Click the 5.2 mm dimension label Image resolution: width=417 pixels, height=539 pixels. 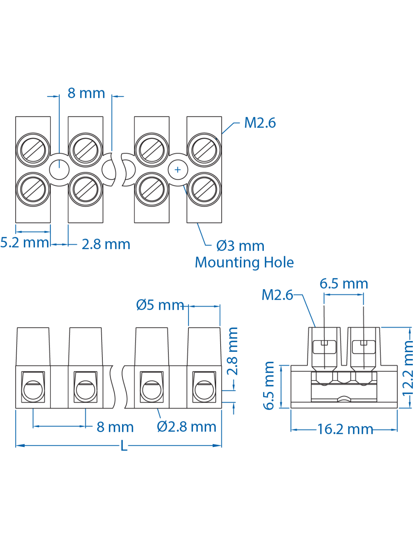(24, 243)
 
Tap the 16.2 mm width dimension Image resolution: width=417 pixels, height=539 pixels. (345, 429)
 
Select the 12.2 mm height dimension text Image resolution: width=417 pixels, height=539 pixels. (408, 368)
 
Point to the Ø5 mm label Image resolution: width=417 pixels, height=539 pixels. (160, 305)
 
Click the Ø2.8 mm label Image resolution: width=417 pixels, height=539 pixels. (187, 427)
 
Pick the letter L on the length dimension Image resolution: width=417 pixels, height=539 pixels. (124, 446)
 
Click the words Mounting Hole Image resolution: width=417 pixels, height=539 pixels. (244, 262)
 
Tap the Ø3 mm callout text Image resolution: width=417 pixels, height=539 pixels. (240, 246)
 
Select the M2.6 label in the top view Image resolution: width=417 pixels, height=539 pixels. (260, 123)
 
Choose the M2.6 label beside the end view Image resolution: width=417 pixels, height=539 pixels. (277, 295)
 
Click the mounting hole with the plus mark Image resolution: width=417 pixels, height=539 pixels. (178, 169)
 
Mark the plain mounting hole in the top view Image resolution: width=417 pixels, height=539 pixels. (59, 169)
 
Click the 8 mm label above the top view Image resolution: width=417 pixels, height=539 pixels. (86, 93)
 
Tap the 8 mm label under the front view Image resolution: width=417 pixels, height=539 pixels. (115, 427)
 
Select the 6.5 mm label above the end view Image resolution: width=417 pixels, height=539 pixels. (343, 284)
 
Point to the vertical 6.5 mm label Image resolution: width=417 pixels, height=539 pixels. (268, 385)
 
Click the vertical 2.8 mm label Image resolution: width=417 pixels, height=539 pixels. (232, 351)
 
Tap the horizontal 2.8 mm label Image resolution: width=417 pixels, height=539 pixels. (106, 244)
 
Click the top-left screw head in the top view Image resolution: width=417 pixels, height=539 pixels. (33, 150)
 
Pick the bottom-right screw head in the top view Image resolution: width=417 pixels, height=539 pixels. (204, 189)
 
